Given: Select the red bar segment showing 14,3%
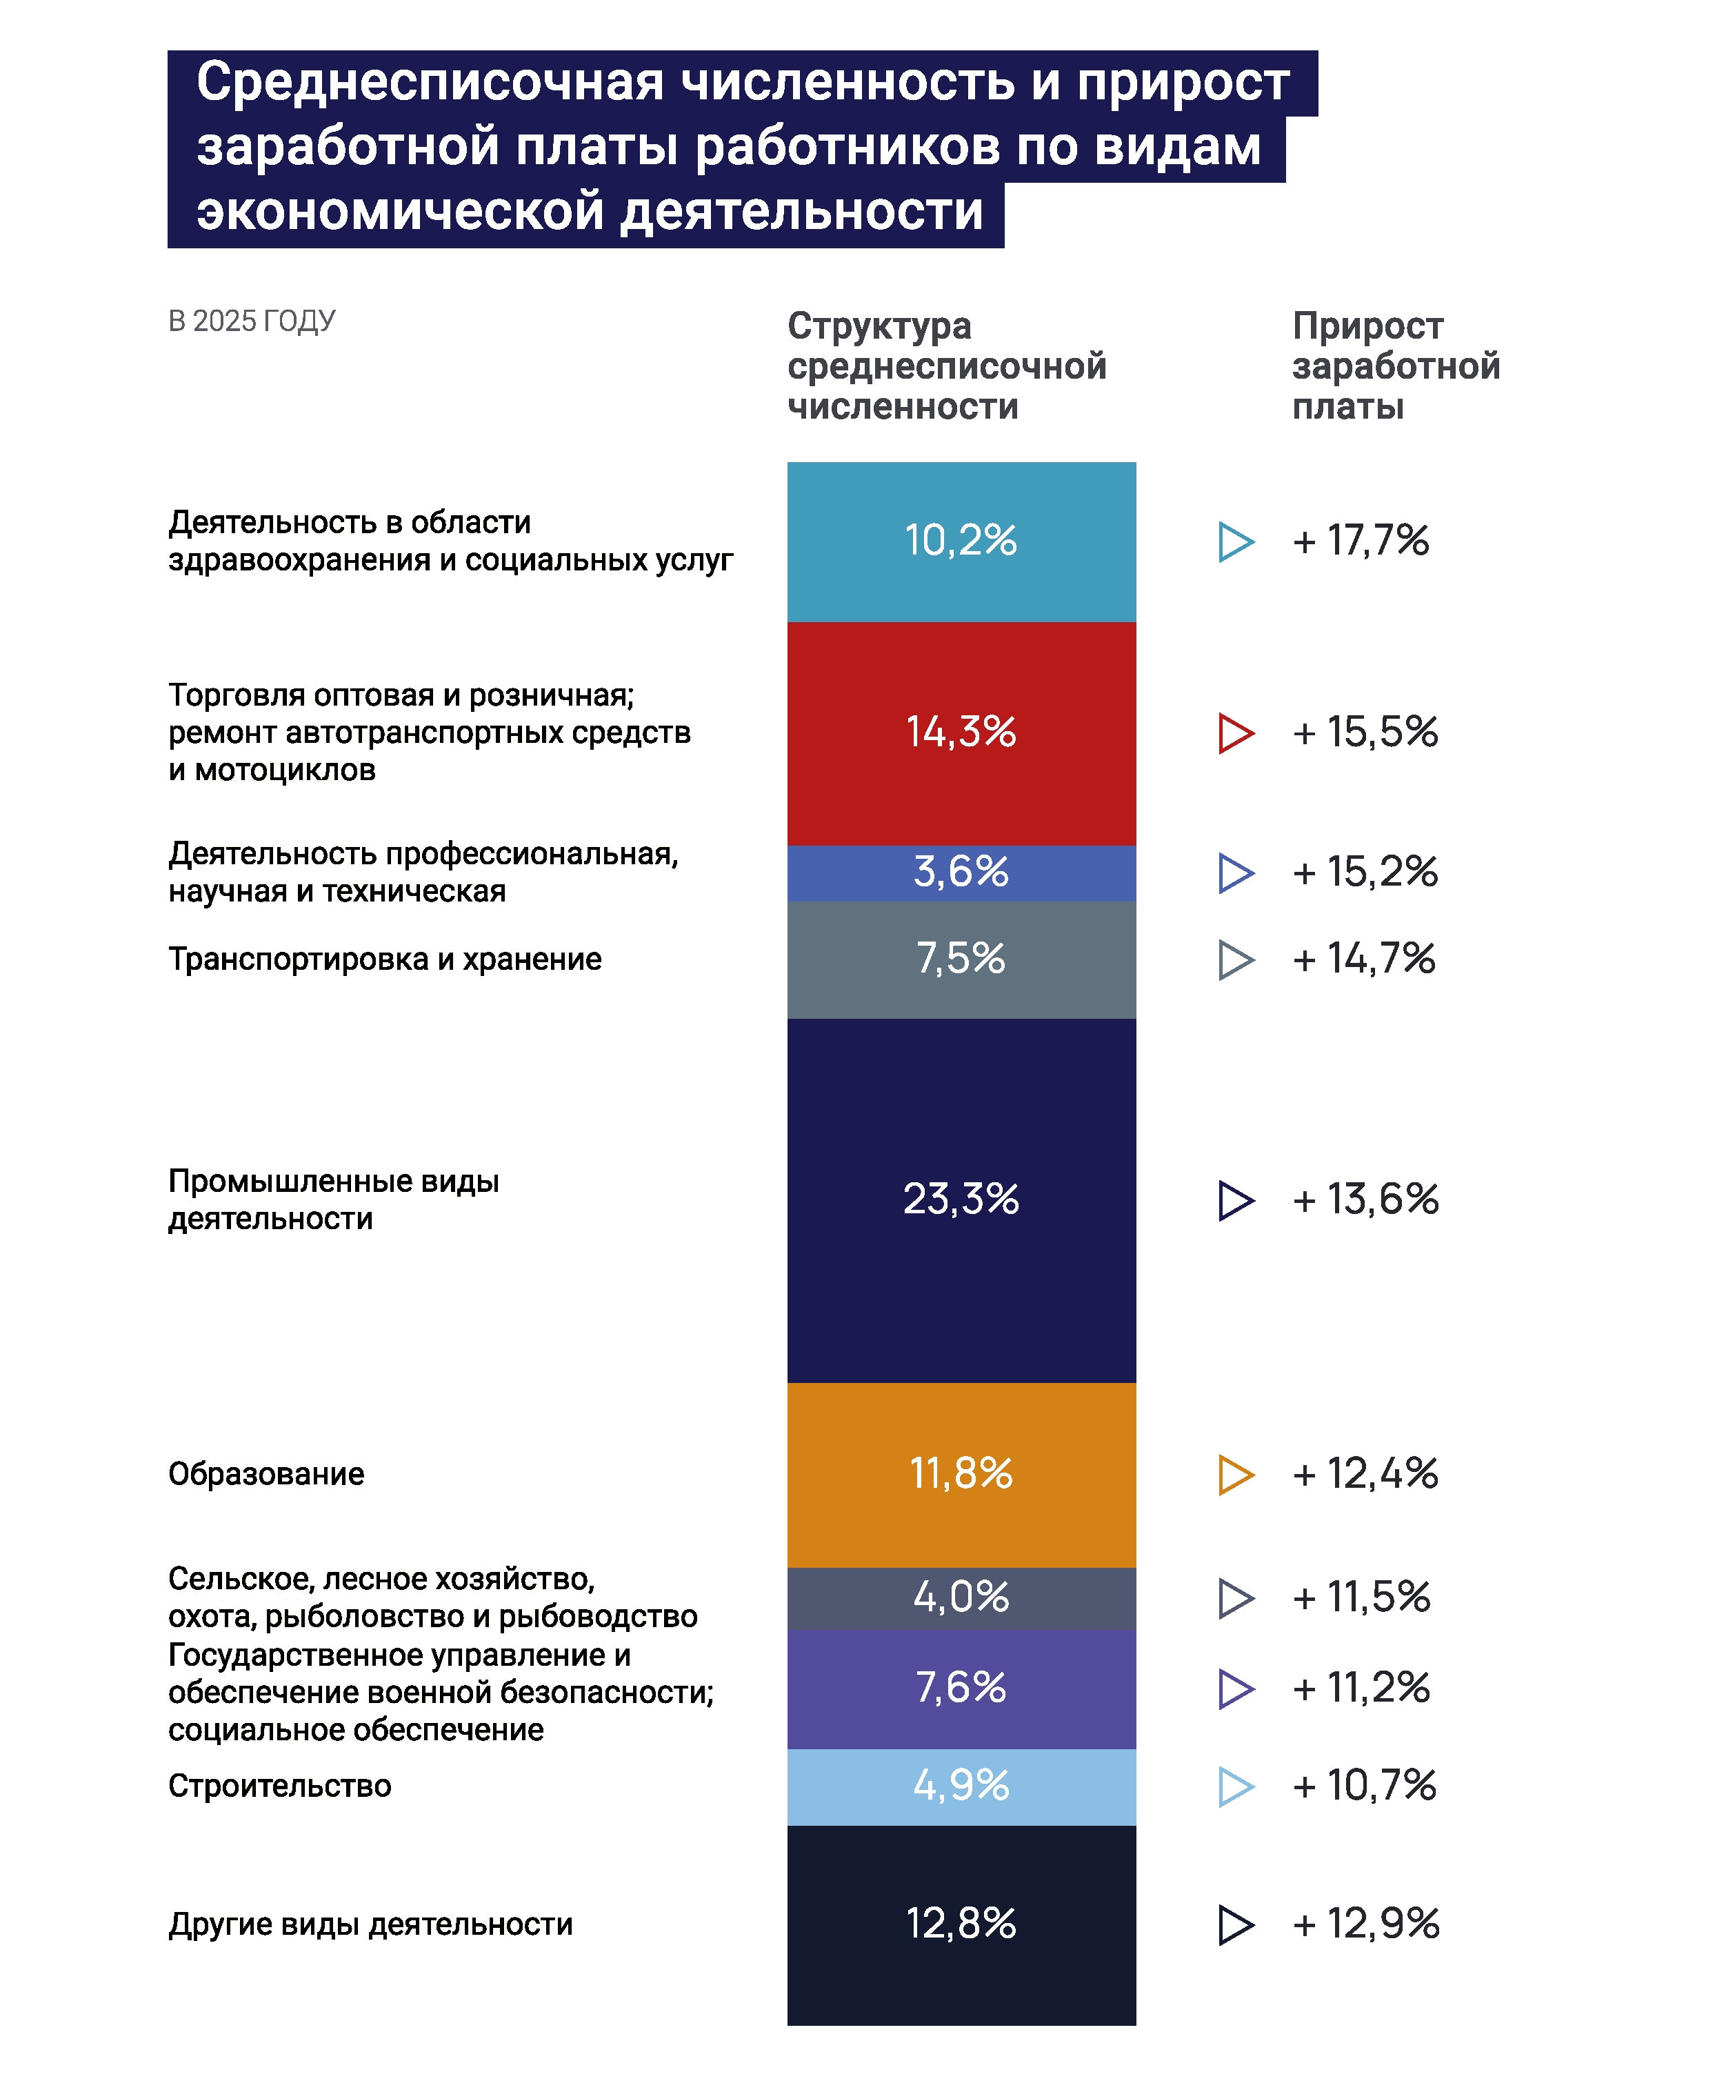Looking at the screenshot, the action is (x=961, y=733).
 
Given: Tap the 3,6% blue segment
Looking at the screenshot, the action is (x=961, y=873).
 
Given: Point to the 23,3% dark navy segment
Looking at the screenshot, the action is (x=961, y=1200).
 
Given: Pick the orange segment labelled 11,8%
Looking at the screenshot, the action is (x=961, y=1475).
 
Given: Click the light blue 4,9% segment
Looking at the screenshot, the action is (x=961, y=1786).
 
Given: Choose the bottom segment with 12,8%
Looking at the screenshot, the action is (x=961, y=1925).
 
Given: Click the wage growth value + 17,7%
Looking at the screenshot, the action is (x=1361, y=540).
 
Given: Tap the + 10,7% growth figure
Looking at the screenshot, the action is (x=1365, y=1786).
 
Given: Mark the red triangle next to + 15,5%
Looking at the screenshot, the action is (x=1236, y=733).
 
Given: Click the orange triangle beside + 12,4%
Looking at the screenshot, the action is (x=1236, y=1475).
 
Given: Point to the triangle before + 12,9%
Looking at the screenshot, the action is (x=1236, y=1924).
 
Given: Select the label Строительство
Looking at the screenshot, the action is (x=279, y=1786).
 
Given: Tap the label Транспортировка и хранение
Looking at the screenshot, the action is (x=385, y=959).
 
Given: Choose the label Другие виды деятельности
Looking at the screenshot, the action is (x=370, y=1924).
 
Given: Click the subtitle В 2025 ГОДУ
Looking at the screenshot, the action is (x=252, y=321).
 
